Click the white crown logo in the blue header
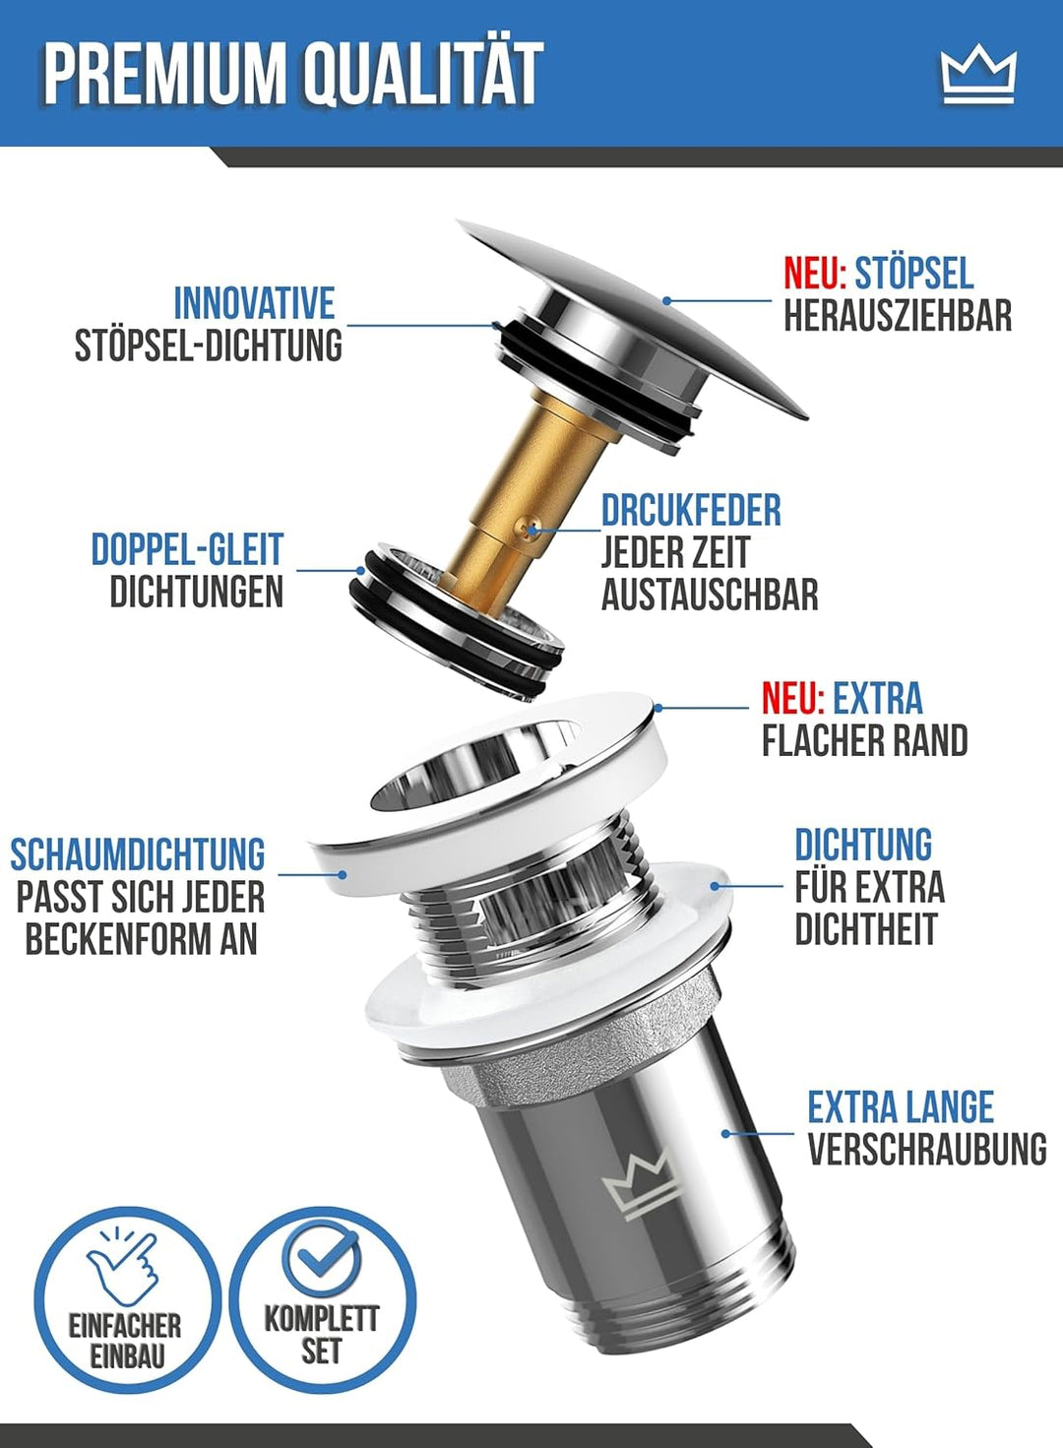tap(978, 76)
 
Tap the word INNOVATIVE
tap(255, 302)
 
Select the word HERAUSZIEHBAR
tap(898, 316)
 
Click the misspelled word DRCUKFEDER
tap(691, 510)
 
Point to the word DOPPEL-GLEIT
tap(187, 549)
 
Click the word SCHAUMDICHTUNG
tap(138, 853)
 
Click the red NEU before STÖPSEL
tap(815, 274)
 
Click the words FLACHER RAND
tap(864, 741)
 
